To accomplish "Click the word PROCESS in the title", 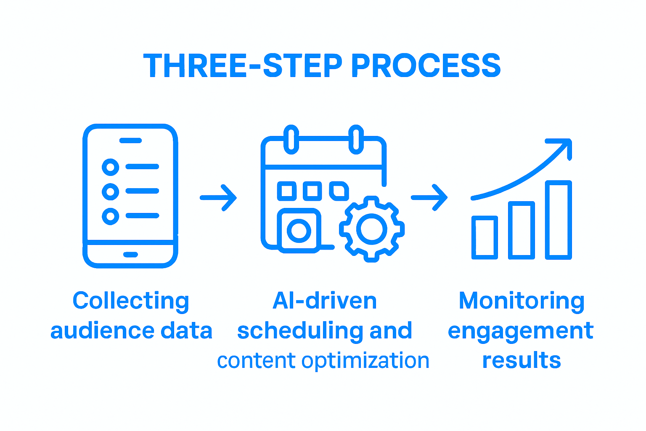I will pos(426,66).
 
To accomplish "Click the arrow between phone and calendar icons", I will pos(218,197).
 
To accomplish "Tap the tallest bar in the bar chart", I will pos(559,220).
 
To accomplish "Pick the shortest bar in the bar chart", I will pos(484,237).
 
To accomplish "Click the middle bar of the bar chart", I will pos(522,230).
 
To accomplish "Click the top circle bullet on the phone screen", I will pos(110,167).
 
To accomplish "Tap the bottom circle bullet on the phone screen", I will pos(110,216).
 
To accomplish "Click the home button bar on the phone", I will pos(130,254).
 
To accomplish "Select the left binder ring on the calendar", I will pos(291,139).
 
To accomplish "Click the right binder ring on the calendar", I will pos(356,139).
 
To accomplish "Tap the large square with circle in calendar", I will pos(299,230).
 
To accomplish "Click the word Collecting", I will pos(131,301).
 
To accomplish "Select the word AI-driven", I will pos(325,301).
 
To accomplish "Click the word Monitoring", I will pos(522,301).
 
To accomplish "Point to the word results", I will pos(522,361).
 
